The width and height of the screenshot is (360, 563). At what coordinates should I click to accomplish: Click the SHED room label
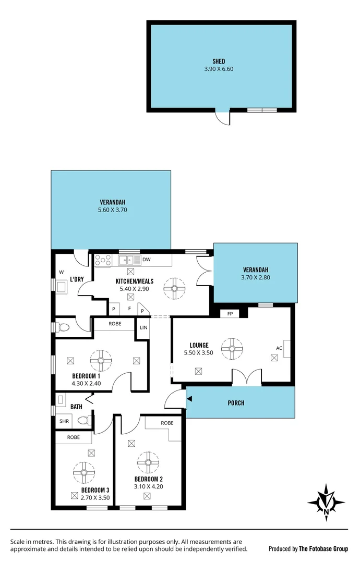(x=219, y=62)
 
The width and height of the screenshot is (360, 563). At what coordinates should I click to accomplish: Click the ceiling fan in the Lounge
(x=232, y=349)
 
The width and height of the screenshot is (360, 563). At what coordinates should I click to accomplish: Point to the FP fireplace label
(x=230, y=314)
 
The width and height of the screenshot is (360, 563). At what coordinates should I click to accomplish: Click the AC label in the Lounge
(x=279, y=348)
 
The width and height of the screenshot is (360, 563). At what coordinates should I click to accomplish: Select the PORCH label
(x=236, y=403)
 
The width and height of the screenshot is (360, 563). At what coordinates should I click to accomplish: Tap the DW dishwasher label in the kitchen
(x=147, y=259)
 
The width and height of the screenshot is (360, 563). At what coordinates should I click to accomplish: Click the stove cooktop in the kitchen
(x=102, y=260)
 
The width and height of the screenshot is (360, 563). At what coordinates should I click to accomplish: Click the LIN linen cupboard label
(x=142, y=327)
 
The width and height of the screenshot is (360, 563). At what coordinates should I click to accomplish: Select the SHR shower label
(x=64, y=421)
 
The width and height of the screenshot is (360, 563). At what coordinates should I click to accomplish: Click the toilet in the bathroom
(x=84, y=420)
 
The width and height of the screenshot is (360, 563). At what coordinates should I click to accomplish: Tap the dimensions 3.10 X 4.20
(x=149, y=487)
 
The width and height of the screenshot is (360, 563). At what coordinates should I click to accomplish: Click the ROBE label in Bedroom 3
(x=74, y=437)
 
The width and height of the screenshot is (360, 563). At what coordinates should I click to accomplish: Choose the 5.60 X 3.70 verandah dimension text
(x=113, y=210)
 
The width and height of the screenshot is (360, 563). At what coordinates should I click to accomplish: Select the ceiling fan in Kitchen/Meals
(x=174, y=287)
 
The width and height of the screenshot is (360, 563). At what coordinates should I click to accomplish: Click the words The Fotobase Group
(x=323, y=549)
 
